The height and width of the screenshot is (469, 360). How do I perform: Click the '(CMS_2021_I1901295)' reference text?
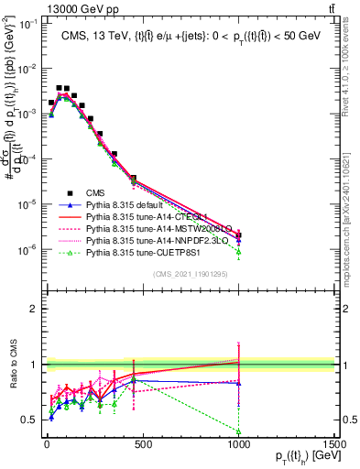[x=191, y=274]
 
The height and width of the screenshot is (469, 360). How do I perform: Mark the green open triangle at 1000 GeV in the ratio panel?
[x=238, y=431]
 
